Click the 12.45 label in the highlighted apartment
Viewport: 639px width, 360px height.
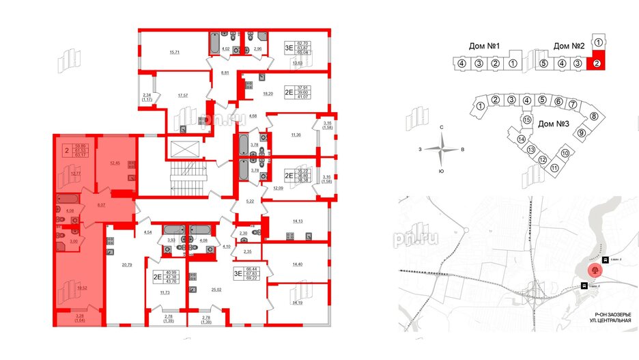tap(113, 163)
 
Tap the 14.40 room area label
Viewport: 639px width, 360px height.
tap(296, 264)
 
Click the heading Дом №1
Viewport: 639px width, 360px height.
tap(486, 46)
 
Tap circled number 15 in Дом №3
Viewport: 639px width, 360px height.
tap(526, 120)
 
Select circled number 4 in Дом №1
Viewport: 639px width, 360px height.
tap(462, 64)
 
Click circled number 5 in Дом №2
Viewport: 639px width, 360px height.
tap(543, 64)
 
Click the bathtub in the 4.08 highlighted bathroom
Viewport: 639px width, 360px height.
tap(68, 201)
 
